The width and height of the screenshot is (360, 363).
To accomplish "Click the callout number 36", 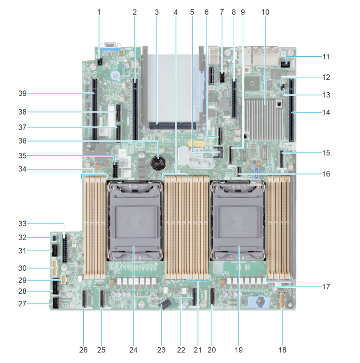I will coord(23,141).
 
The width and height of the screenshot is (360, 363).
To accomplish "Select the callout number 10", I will coord(265,12).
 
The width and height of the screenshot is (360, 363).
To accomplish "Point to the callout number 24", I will coord(133,350).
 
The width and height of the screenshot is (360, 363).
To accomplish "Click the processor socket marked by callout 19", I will coord(238,221).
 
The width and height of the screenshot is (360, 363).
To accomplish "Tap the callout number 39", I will coord(23,93).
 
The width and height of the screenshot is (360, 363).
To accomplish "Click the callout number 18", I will coord(282,350).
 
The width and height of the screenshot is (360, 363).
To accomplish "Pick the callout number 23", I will coord(162,350).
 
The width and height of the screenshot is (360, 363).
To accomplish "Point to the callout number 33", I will coord(23,224).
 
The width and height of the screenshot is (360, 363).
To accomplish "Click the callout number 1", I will coord(99,12).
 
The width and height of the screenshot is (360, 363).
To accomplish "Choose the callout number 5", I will coord(192,12).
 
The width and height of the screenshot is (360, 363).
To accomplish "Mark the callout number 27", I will coord(23,304).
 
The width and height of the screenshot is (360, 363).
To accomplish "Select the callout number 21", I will coord(197,350).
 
